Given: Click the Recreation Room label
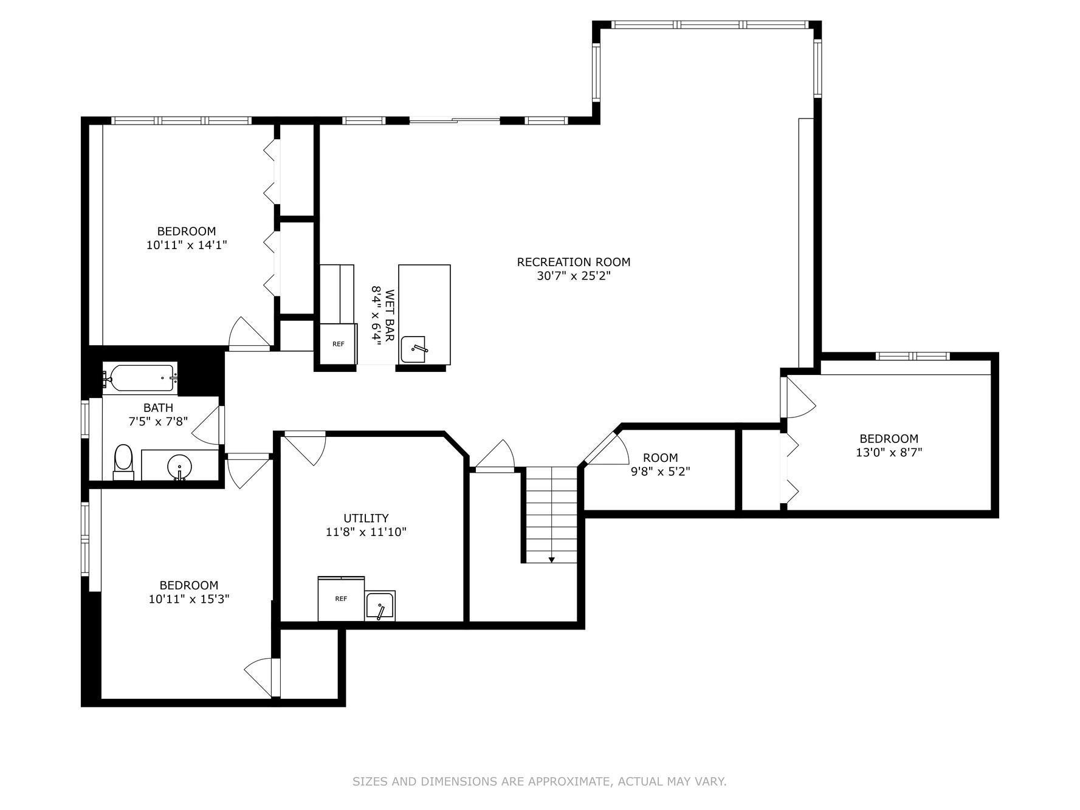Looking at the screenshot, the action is [573, 262].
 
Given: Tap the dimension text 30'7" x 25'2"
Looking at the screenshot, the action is [573, 276].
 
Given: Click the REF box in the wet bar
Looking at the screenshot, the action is [338, 344].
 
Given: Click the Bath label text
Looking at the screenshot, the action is [158, 408].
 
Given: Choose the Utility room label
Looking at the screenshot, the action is [366, 518].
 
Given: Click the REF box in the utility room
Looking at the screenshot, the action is [341, 599].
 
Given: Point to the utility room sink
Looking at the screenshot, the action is [380, 606].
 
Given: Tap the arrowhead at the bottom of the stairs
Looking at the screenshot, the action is [551, 560].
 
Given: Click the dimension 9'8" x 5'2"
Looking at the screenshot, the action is [660, 472].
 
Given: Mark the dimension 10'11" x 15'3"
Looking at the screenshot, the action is [189, 599].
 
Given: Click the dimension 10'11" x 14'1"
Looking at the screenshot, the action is [187, 245].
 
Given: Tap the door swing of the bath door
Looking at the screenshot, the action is [206, 424].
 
